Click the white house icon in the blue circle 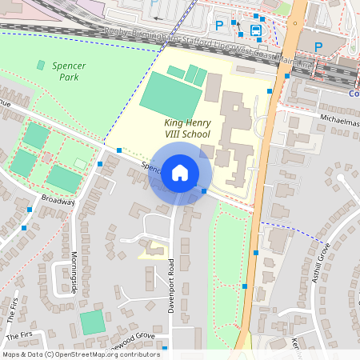pyautogui.click(x=180, y=173)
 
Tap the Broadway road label pyautogui.click(x=58, y=200)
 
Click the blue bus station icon pyautogui.click(x=256, y=30)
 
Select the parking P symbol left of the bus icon pyautogui.click(x=220, y=26)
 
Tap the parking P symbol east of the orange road pyautogui.click(x=318, y=46)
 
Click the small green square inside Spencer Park pyautogui.click(x=41, y=65)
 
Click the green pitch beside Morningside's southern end pyautogui.click(x=92, y=323)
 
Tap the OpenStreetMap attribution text pyautogui.click(x=81, y=354)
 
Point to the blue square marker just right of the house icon pyautogui.click(x=204, y=191)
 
